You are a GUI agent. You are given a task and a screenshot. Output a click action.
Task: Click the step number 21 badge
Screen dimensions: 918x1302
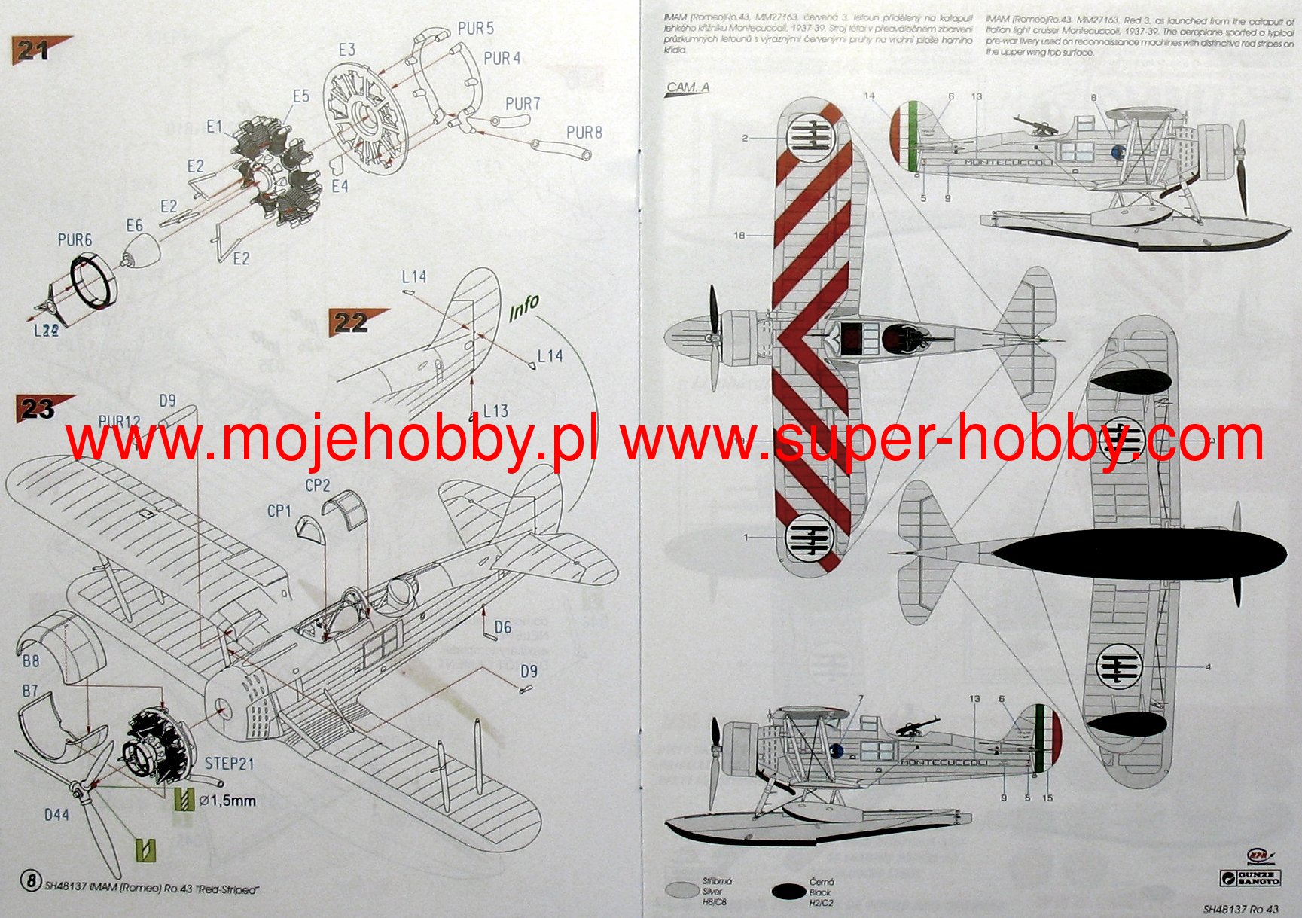[34, 50]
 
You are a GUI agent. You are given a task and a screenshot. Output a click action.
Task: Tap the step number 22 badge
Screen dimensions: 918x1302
[351, 322]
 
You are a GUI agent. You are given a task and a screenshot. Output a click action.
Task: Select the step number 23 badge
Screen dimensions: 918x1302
[38, 409]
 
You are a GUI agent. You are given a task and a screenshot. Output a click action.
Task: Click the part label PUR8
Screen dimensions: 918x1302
[584, 133]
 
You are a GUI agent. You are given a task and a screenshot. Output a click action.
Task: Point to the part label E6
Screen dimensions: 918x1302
[134, 226]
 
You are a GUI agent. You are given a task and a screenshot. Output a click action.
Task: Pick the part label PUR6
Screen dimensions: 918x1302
[75, 240]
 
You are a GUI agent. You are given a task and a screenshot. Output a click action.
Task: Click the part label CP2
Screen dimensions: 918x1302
[318, 486]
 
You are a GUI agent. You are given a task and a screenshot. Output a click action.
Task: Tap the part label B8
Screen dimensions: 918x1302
[31, 661]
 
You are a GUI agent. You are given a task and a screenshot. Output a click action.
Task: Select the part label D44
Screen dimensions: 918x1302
[56, 815]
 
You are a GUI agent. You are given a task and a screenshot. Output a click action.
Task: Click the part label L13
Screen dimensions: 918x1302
[495, 411]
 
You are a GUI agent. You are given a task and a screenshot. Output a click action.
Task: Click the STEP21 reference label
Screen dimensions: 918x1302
[230, 764]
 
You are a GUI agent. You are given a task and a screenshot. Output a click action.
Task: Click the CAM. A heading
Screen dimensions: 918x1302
[688, 87]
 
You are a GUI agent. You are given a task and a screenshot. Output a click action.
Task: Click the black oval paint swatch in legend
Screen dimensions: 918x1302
[788, 892]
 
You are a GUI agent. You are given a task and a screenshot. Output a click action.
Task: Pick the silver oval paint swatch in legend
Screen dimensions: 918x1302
[682, 890]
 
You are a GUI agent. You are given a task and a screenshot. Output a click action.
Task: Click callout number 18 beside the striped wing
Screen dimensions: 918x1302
[739, 236]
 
